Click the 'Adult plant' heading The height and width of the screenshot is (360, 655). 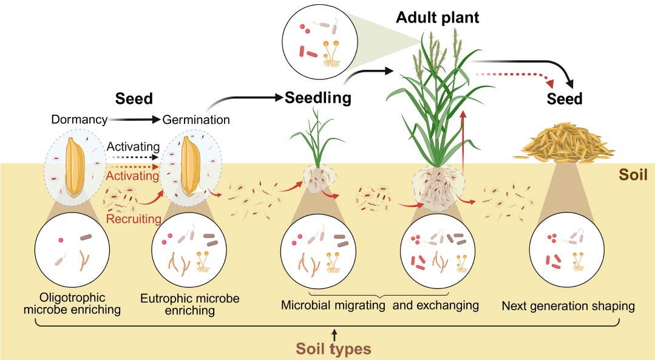click(x=437, y=18)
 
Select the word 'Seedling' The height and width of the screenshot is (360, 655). click(x=319, y=97)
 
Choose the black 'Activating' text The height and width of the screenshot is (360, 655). click(x=133, y=147)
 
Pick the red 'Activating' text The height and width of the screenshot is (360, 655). click(x=133, y=175)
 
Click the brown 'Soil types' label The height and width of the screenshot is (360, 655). click(x=333, y=349)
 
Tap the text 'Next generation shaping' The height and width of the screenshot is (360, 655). click(x=568, y=306)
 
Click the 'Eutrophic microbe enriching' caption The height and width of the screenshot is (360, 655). click(x=190, y=305)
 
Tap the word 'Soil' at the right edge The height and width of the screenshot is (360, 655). click(x=633, y=175)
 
